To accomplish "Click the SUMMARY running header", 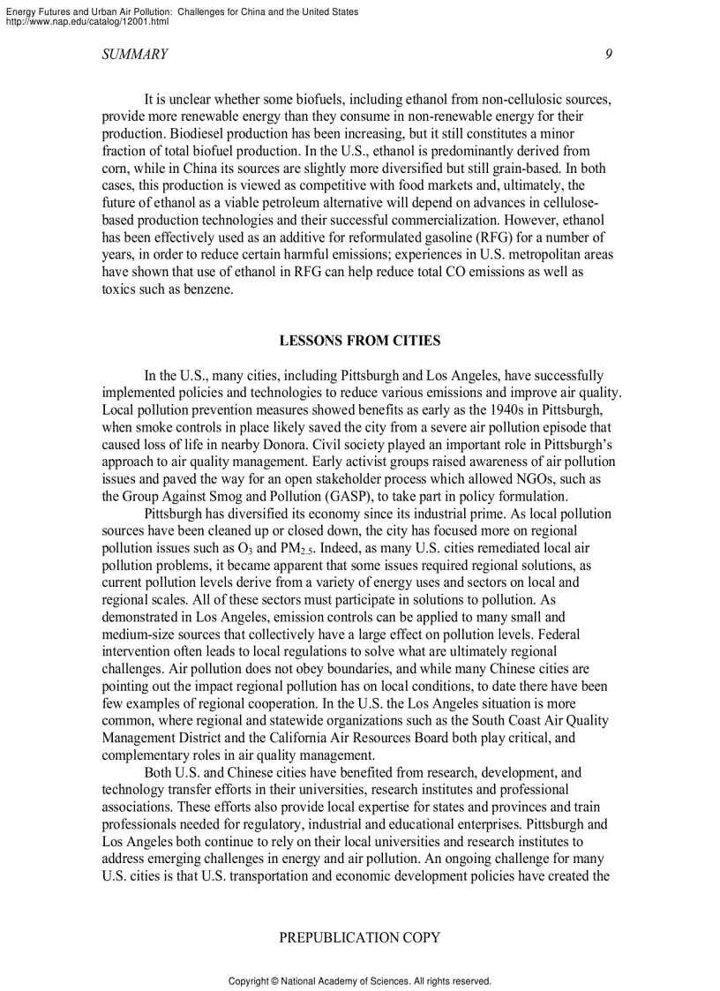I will [135, 55].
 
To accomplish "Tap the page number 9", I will [609, 55].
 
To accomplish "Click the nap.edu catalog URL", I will [86, 21].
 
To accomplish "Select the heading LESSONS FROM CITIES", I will [360, 341].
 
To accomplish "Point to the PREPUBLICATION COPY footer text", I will [359, 938].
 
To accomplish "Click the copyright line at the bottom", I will [359, 980].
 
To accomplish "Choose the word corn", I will [115, 169].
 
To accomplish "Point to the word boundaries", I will [337, 669].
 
